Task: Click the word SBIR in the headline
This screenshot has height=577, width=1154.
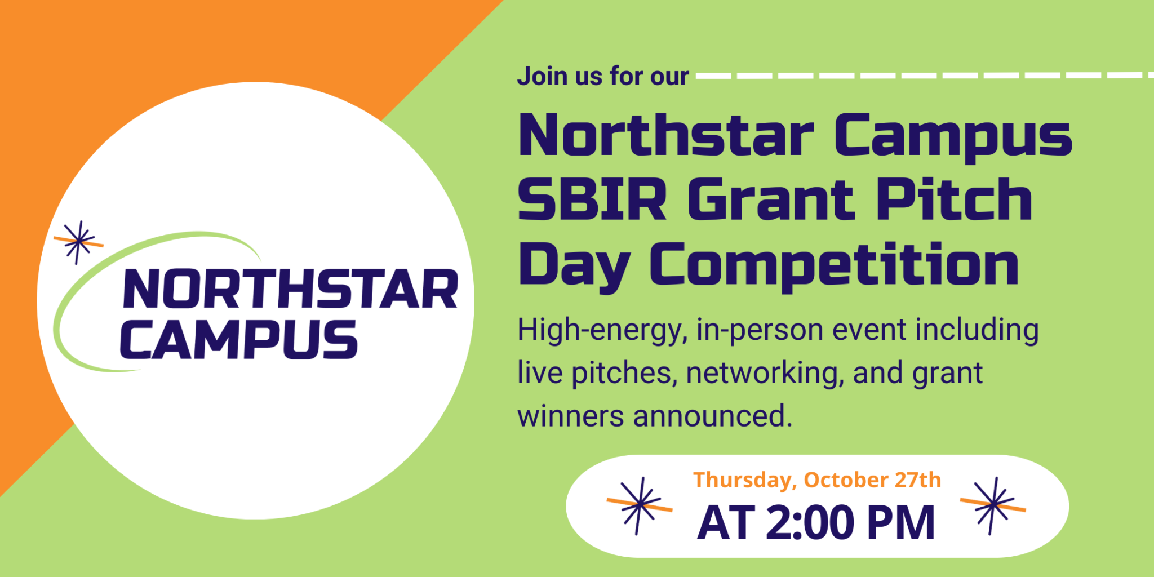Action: tap(592, 200)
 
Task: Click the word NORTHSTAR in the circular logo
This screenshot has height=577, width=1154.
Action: tap(290, 289)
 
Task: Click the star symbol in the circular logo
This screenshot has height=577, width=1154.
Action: tap(79, 242)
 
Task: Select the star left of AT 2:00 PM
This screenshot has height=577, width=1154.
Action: tap(639, 505)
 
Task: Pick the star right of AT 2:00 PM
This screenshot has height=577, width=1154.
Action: tap(993, 505)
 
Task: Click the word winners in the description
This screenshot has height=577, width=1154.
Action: tap(570, 416)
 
